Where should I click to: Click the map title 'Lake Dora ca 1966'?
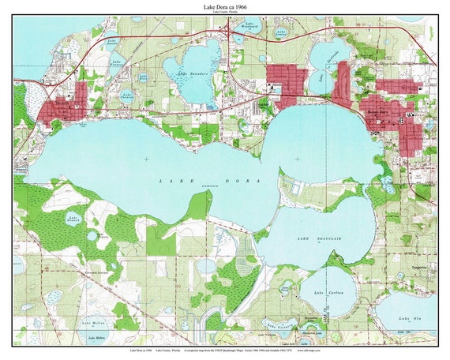coord(225,6)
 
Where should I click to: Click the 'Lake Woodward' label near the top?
coord(252,24)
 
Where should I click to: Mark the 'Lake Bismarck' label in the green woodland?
coord(74,219)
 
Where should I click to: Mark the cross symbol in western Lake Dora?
coord(145,159)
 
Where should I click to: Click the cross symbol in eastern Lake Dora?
coord(297,159)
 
